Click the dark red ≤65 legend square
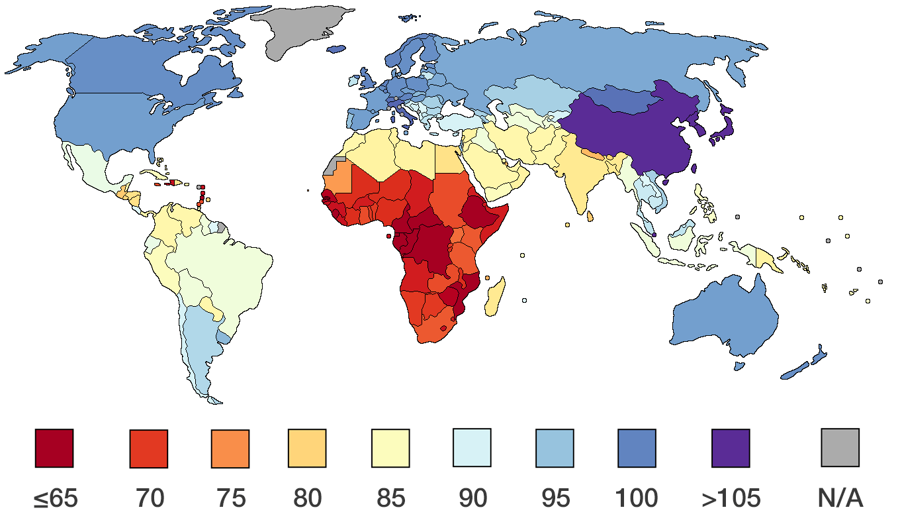click(54, 449)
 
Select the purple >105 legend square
click(731, 449)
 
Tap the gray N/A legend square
click(840, 448)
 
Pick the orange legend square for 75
click(230, 449)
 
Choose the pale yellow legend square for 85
click(390, 449)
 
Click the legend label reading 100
click(636, 498)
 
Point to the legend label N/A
click(840, 498)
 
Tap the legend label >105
click(731, 498)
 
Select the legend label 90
click(472, 498)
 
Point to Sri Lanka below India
click(590, 215)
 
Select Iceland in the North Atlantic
click(337, 49)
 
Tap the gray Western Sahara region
click(334, 166)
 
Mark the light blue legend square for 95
click(555, 448)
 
